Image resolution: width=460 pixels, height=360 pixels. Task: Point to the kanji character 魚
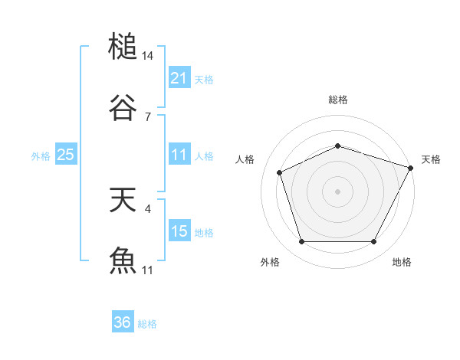(x=123, y=261)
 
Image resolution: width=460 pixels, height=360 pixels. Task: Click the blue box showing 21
(x=179, y=78)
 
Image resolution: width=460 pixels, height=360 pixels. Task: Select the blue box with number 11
(x=179, y=155)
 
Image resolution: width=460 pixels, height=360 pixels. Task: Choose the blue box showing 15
(x=179, y=231)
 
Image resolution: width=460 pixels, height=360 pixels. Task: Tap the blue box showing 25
(x=66, y=155)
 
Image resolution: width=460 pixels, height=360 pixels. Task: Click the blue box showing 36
(x=123, y=322)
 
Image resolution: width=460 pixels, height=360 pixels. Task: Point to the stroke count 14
(x=148, y=56)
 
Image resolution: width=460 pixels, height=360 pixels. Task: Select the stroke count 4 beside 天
(x=147, y=208)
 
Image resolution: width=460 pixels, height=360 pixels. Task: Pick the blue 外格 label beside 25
(x=41, y=155)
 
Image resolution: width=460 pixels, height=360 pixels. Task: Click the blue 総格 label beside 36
(x=147, y=323)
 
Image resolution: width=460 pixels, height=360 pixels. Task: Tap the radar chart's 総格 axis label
(x=337, y=100)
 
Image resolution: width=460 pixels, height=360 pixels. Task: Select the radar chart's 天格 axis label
(x=431, y=159)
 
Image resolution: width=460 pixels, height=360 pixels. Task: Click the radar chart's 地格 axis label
(x=402, y=262)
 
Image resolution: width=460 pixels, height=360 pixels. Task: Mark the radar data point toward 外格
(x=301, y=242)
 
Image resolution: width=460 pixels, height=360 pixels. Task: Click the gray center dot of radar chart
(x=337, y=191)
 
